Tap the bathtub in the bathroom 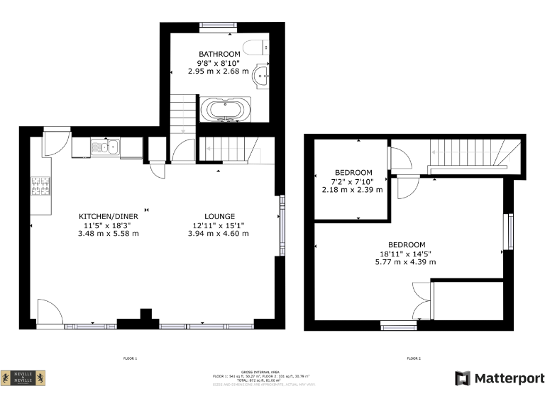click(x=225, y=110)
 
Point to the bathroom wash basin click(x=264, y=76)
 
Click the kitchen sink click(x=106, y=147)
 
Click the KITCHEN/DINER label click(x=108, y=216)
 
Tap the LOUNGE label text click(x=219, y=216)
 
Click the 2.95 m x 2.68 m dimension click(x=219, y=71)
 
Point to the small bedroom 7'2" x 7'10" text click(x=353, y=181)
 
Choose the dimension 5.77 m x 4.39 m click(x=405, y=261)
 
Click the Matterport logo click(x=500, y=378)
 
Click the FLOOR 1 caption click(x=130, y=359)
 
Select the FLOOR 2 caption click(x=414, y=359)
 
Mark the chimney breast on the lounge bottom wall click(x=146, y=314)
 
